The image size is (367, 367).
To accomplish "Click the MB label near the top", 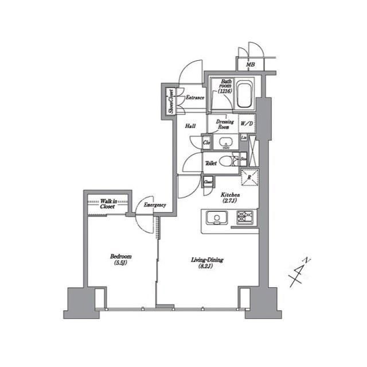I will [x=250, y=64].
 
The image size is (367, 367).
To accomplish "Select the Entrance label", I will [x=194, y=98].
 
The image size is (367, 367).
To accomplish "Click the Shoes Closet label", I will [x=170, y=101].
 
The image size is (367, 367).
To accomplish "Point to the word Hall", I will [x=190, y=126].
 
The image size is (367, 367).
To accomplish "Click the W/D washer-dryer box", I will [x=247, y=123].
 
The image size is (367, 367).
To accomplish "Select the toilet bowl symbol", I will [x=227, y=161].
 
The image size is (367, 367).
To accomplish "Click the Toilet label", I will [x=212, y=163].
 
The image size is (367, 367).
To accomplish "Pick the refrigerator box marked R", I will [x=249, y=177].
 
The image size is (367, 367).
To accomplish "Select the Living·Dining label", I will [x=207, y=263].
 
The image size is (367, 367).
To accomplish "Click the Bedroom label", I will [x=121, y=260].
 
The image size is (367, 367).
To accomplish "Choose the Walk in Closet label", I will [x=107, y=203].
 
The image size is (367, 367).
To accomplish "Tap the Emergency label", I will [x=155, y=205].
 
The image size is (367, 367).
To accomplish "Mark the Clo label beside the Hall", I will [x=207, y=142].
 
